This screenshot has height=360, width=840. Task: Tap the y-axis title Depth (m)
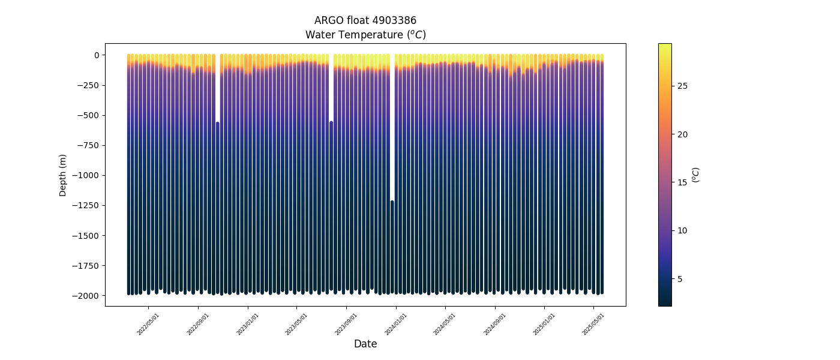pyautogui.click(x=63, y=175)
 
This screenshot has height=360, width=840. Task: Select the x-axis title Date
pyautogui.click(x=365, y=344)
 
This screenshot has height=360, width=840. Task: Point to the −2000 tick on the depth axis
pyautogui.click(x=87, y=296)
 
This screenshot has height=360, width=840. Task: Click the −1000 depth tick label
pyautogui.click(x=87, y=175)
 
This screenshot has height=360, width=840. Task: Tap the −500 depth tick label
pyautogui.click(x=89, y=115)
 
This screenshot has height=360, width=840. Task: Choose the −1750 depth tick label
pyautogui.click(x=87, y=266)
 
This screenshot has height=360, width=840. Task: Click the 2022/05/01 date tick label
pyautogui.click(x=148, y=324)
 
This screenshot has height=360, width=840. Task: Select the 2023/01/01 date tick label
pyautogui.click(x=248, y=324)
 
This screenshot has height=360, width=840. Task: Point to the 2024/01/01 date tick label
pyautogui.click(x=395, y=324)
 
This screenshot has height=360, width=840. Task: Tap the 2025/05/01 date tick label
pyautogui.click(x=593, y=324)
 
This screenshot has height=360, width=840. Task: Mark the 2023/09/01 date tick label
pyautogui.click(x=346, y=324)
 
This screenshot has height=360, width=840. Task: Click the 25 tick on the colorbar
pyautogui.click(x=682, y=86)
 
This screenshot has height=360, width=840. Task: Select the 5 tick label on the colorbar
pyautogui.click(x=680, y=279)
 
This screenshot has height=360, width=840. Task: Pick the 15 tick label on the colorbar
pyautogui.click(x=682, y=182)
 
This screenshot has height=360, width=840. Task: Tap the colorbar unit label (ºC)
pyautogui.click(x=696, y=175)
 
